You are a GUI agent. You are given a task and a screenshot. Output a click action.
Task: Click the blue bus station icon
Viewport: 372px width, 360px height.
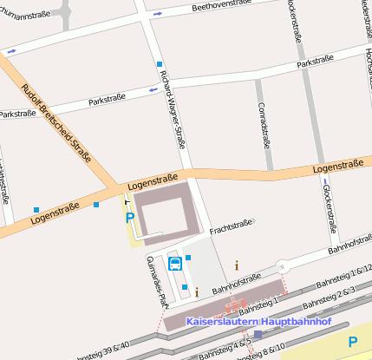174,264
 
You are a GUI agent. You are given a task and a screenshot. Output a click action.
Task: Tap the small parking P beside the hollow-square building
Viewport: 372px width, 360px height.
130,218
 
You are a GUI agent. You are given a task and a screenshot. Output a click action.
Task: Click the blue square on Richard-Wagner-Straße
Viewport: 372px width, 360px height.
160,64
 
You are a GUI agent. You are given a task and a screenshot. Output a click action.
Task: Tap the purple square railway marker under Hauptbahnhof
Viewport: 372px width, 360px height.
258,334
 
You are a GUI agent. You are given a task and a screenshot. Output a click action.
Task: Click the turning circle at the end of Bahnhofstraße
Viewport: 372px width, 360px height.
280,266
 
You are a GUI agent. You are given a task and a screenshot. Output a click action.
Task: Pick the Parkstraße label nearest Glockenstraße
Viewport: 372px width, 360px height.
315,63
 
